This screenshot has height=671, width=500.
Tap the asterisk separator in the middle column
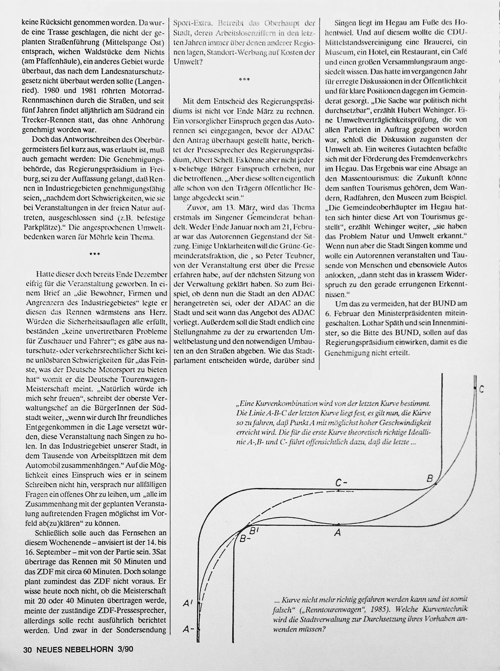point(244,80)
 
